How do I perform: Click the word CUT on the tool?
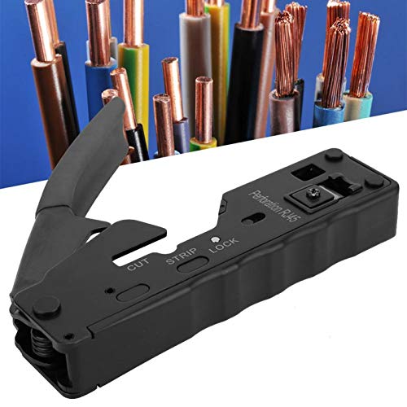coord(138,264)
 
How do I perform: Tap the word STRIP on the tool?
coord(181,256)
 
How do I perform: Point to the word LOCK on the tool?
coord(224,245)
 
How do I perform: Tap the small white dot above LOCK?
coord(215,239)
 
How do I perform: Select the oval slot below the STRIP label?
coord(193,264)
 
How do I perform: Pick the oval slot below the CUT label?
coord(133,292)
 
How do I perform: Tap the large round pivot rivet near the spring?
coord(46,307)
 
